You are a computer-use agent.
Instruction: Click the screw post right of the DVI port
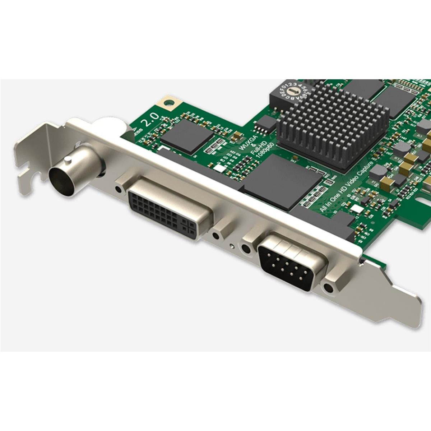pos(215,235)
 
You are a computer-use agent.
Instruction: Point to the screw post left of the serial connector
pos(246,249)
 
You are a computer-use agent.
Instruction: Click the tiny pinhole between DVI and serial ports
pos(232,246)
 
